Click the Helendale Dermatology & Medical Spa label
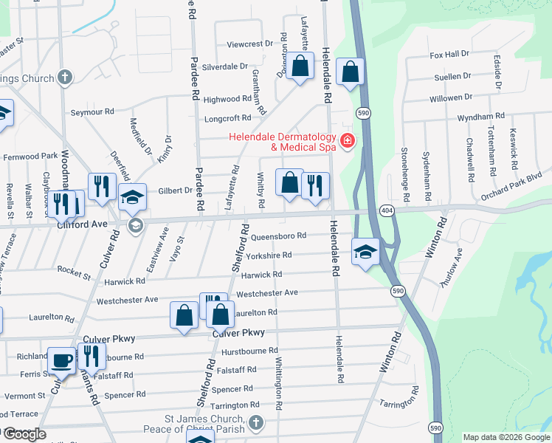point(282,141)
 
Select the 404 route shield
point(386,211)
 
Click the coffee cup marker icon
point(62,360)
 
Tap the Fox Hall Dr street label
point(449,55)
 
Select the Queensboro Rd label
point(278,236)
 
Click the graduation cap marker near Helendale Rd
point(365,251)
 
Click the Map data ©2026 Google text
point(506,437)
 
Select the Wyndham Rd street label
point(480,117)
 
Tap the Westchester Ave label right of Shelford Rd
point(266,293)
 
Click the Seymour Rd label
point(92,111)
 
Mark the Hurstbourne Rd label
point(252,351)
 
